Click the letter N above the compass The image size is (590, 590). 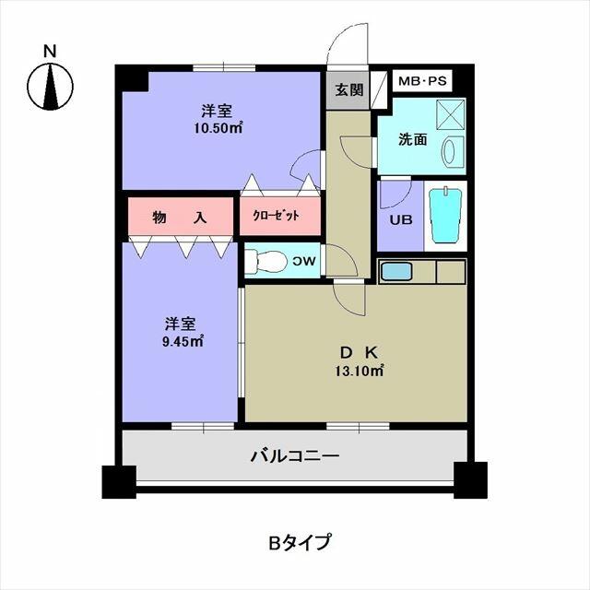click(52, 51)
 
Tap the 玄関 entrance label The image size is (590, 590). click(348, 90)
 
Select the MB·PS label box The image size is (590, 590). click(421, 81)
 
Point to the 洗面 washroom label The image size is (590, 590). click(412, 139)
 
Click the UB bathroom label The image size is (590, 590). click(399, 220)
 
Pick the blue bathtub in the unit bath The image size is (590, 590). click(445, 216)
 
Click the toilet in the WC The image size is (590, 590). click(267, 261)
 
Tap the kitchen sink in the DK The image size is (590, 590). click(397, 272)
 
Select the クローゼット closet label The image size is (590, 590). click(281, 216)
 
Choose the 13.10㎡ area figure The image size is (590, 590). click(360, 371)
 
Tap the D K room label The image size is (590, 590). click(359, 351)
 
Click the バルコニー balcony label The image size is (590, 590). click(295, 455)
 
